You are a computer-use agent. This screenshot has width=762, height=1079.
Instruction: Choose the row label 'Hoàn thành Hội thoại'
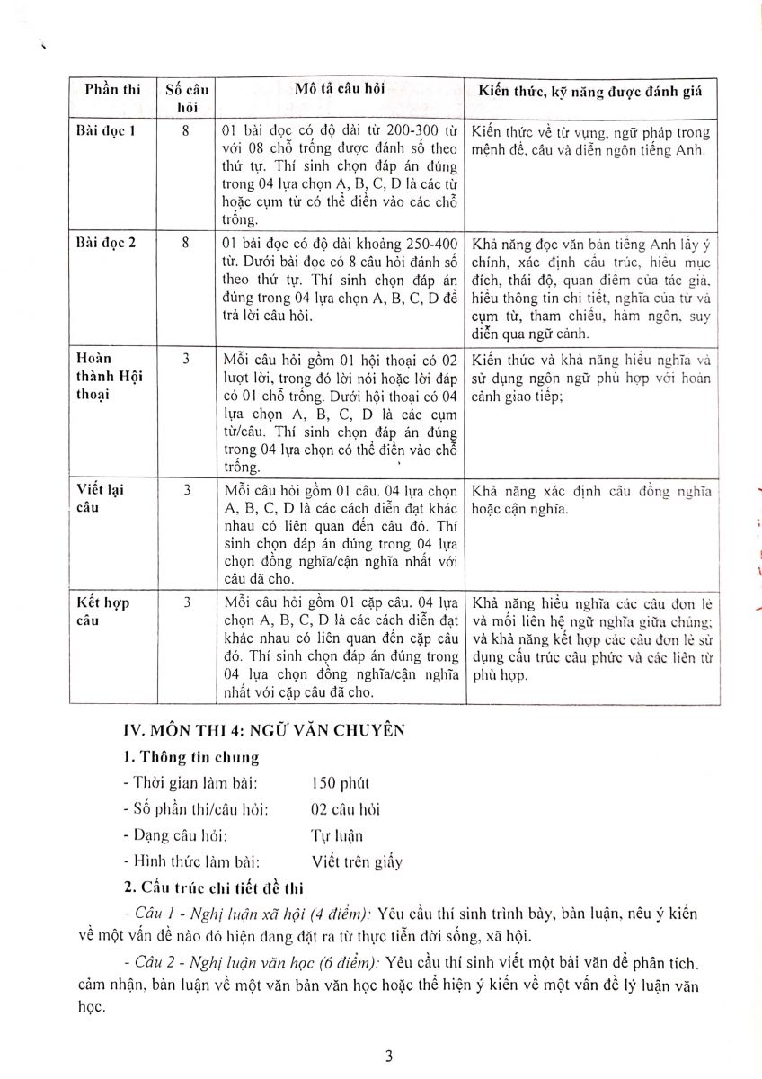point(105,377)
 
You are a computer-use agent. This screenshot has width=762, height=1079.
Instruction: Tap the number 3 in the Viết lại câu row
point(186,491)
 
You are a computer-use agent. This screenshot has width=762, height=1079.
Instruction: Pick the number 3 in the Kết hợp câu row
point(186,602)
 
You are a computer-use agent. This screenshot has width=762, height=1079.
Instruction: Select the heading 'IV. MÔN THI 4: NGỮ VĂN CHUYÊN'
point(264,731)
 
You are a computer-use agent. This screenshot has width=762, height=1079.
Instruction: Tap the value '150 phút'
point(340,783)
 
